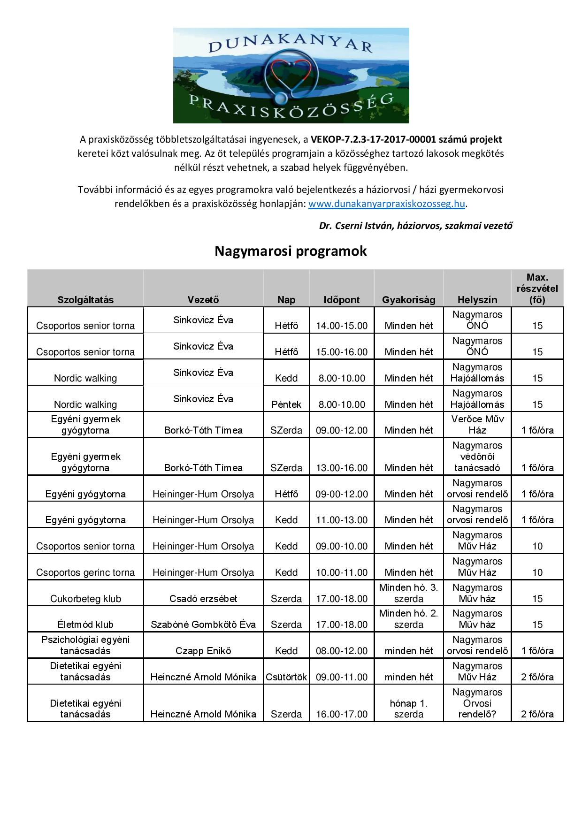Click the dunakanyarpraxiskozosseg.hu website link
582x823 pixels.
click(x=387, y=204)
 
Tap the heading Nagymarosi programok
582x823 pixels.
click(x=291, y=251)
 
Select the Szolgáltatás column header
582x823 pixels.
click(x=85, y=300)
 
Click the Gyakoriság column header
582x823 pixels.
click(x=408, y=300)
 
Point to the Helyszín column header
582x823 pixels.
click(x=477, y=300)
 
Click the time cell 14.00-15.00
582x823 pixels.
click(x=342, y=326)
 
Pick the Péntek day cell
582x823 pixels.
click(x=286, y=404)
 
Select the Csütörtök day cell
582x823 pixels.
click(x=286, y=677)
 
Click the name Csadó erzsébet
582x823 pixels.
click(x=203, y=598)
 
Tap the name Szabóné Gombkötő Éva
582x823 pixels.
click(x=203, y=624)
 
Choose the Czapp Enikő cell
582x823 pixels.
click(x=203, y=650)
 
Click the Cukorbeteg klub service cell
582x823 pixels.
click(x=85, y=598)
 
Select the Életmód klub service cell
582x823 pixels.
click(x=85, y=624)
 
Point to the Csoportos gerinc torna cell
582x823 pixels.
click(x=85, y=572)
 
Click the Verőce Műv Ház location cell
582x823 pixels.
click(x=477, y=425)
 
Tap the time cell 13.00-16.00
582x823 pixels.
click(x=342, y=467)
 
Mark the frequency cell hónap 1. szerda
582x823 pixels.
click(x=408, y=709)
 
